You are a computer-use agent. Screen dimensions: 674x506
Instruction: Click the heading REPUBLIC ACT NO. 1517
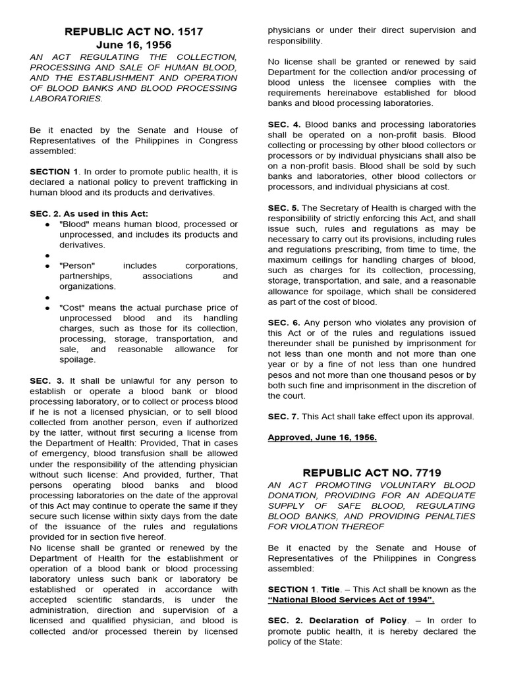[133, 31]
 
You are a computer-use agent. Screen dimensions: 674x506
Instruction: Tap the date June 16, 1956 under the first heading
[133, 45]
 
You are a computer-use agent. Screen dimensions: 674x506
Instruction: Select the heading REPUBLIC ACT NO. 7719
[372, 472]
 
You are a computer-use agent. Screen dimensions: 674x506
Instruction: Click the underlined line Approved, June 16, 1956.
[322, 437]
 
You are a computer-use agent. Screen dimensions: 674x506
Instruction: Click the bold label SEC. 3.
[47, 380]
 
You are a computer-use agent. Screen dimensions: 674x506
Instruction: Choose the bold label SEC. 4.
[285, 124]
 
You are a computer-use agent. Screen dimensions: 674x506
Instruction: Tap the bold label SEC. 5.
[285, 207]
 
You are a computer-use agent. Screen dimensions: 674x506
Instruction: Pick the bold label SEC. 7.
[285, 416]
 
